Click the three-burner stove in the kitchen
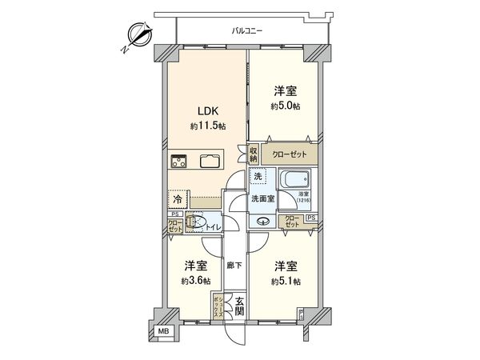pos(178,160)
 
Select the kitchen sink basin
pos(211,160)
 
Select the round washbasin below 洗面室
pos(264,222)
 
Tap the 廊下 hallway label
pos(234,266)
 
